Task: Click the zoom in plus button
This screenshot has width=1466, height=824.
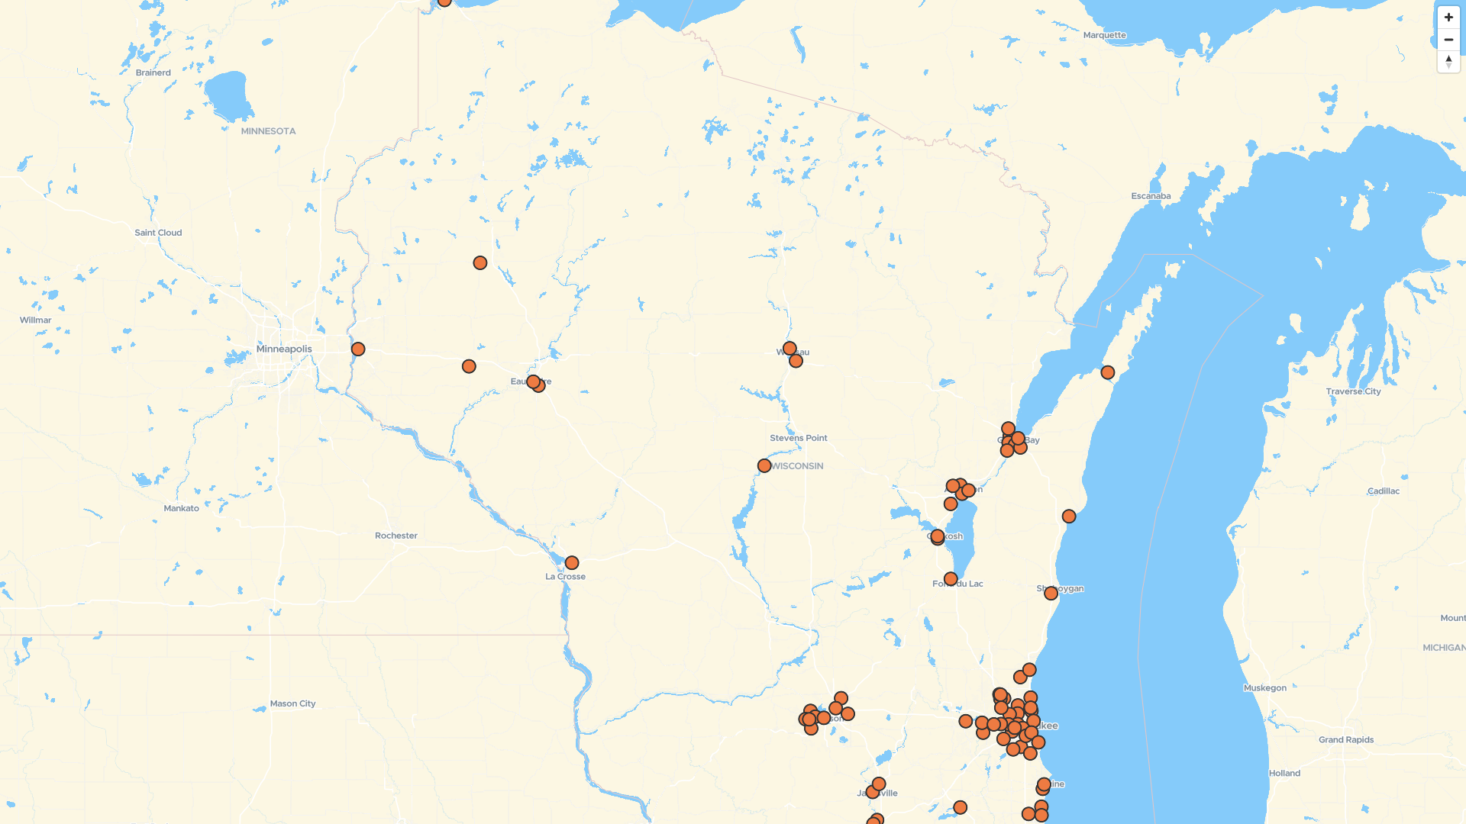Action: pyautogui.click(x=1448, y=18)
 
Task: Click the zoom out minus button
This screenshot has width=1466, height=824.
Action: pyautogui.click(x=1448, y=40)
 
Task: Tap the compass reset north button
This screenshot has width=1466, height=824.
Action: pyautogui.click(x=1448, y=62)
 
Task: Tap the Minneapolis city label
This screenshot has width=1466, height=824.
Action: pyautogui.click(x=284, y=349)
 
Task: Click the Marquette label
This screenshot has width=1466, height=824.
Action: pyautogui.click(x=1104, y=35)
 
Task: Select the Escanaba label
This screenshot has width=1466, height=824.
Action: pyautogui.click(x=1151, y=196)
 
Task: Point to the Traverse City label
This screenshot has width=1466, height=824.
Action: pyautogui.click(x=1353, y=391)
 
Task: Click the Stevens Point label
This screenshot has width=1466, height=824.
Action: pyautogui.click(x=798, y=438)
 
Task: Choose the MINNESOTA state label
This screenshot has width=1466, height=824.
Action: pyautogui.click(x=268, y=131)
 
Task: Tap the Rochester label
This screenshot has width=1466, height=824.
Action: pyautogui.click(x=396, y=536)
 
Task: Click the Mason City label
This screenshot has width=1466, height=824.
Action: pyautogui.click(x=292, y=703)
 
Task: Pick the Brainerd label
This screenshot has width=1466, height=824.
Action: pyautogui.click(x=153, y=73)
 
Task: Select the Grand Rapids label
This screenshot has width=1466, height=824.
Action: pyautogui.click(x=1345, y=740)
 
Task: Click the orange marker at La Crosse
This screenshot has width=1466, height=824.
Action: pyautogui.click(x=572, y=563)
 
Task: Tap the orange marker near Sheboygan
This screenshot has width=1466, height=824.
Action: pyautogui.click(x=1051, y=594)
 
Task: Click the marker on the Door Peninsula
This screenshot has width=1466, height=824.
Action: pyautogui.click(x=1108, y=372)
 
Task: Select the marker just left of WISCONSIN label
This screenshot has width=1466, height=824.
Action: pyautogui.click(x=764, y=465)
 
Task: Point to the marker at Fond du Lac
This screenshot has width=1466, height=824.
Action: pyautogui.click(x=951, y=580)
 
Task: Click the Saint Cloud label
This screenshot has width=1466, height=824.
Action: pyautogui.click(x=158, y=233)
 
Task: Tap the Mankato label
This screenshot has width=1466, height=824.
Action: pyautogui.click(x=181, y=509)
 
